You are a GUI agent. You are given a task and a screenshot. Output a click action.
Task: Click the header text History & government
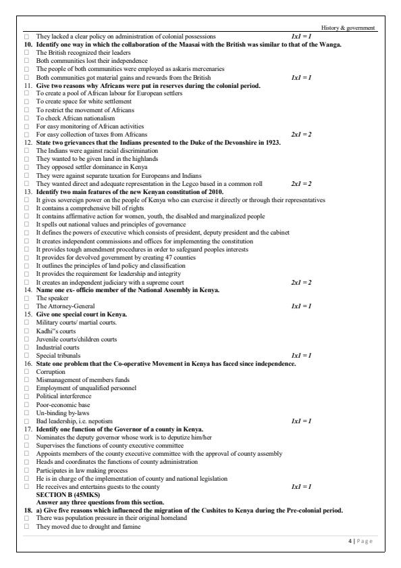pos(352,28)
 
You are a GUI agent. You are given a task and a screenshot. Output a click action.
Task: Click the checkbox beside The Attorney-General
pos(27,306)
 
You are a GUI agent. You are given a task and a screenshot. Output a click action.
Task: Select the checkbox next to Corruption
pos(27,371)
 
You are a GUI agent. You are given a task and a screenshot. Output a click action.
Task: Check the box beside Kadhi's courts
pos(27,331)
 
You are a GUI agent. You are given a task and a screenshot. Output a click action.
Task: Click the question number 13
pos(28,191)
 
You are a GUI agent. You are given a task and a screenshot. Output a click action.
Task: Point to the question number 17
pos(28,429)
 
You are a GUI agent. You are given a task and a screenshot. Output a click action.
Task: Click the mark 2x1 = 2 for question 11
pos(300,134)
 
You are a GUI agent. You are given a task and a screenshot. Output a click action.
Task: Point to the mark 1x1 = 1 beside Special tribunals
pos(300,355)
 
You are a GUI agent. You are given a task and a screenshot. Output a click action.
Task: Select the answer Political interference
pos(61,396)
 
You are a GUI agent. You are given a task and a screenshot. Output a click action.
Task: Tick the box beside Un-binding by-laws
pos(27,412)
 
